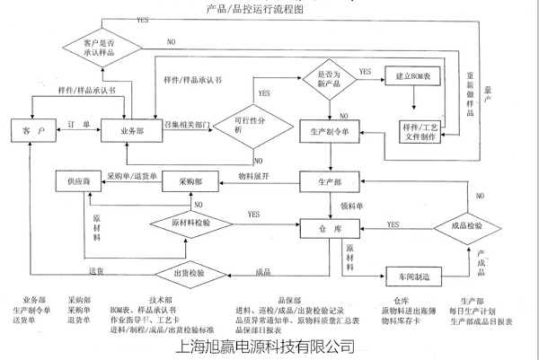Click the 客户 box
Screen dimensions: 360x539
click(x=32, y=131)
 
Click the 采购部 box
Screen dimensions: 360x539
click(x=193, y=180)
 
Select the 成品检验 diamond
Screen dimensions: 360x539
click(x=467, y=225)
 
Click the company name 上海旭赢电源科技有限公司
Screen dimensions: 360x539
click(x=267, y=345)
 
